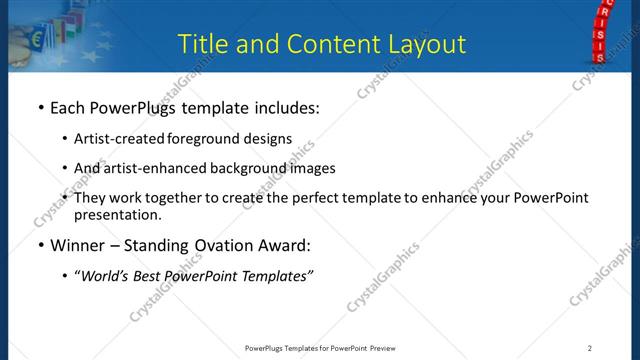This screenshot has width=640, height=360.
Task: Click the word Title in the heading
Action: pyautogui.click(x=200, y=43)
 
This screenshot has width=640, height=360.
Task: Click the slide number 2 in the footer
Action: pyautogui.click(x=589, y=347)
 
